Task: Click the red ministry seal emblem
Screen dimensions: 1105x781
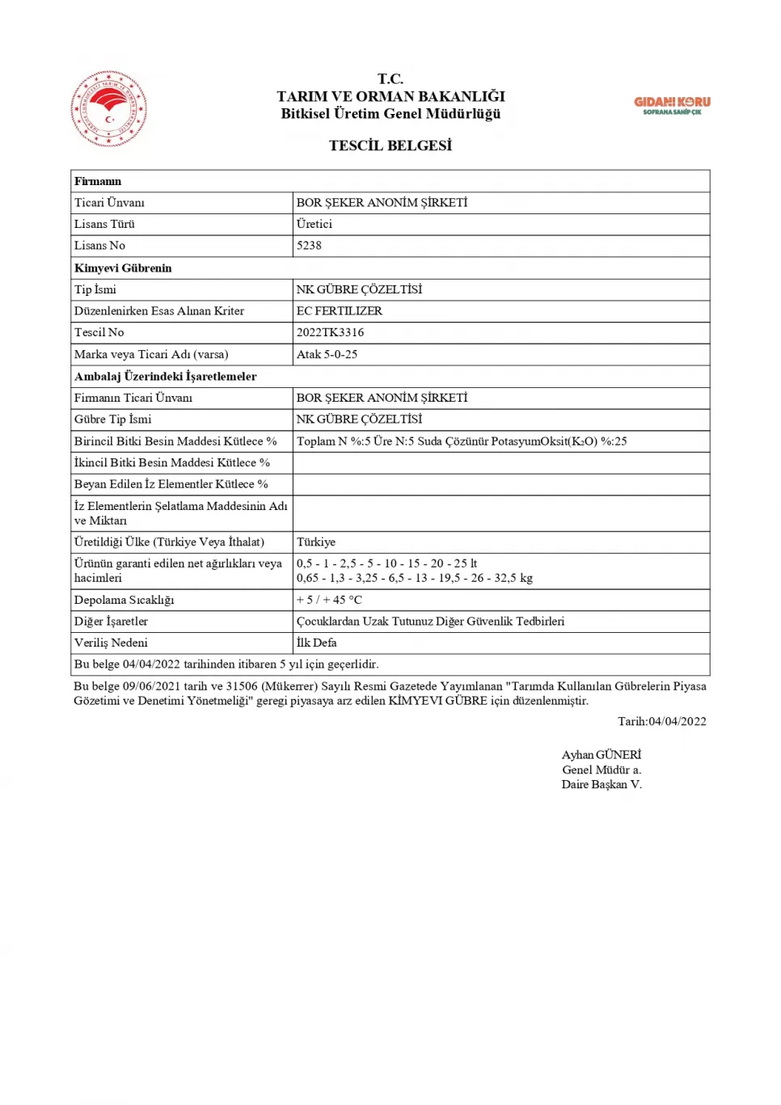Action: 109,108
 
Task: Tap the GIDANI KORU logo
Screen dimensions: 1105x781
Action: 672,105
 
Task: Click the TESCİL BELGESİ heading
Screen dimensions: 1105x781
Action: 390,146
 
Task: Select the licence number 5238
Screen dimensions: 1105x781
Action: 309,246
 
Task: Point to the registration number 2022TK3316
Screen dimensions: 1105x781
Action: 330,332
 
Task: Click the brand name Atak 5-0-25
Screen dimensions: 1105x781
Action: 327,354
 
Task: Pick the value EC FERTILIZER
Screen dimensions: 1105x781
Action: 339,310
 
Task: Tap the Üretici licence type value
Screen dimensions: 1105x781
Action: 314,224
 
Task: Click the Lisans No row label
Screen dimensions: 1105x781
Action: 99,246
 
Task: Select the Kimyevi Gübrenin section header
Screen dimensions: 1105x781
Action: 123,268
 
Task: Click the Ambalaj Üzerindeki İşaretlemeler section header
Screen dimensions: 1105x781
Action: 165,376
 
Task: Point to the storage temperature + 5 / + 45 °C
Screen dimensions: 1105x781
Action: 329,600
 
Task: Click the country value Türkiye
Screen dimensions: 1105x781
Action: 315,542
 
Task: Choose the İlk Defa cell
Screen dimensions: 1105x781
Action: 316,643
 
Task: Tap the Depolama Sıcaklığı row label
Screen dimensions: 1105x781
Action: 124,600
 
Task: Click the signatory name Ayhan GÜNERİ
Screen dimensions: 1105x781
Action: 602,755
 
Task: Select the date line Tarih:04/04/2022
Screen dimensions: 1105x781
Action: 662,721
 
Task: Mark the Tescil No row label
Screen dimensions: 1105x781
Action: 99,332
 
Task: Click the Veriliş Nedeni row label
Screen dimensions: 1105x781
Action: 111,643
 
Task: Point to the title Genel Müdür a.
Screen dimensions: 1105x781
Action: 602,770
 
